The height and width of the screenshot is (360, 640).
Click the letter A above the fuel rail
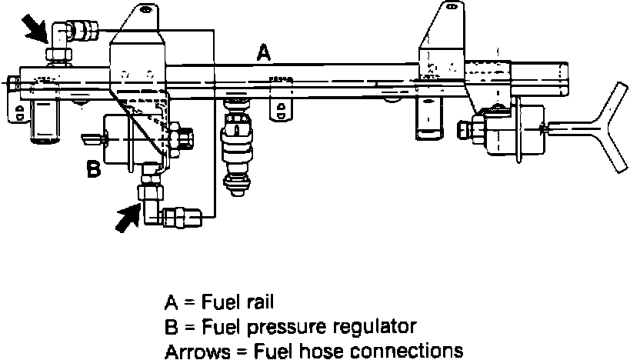264,53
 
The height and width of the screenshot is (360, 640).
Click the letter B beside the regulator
93,168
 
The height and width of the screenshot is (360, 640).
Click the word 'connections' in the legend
418,352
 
